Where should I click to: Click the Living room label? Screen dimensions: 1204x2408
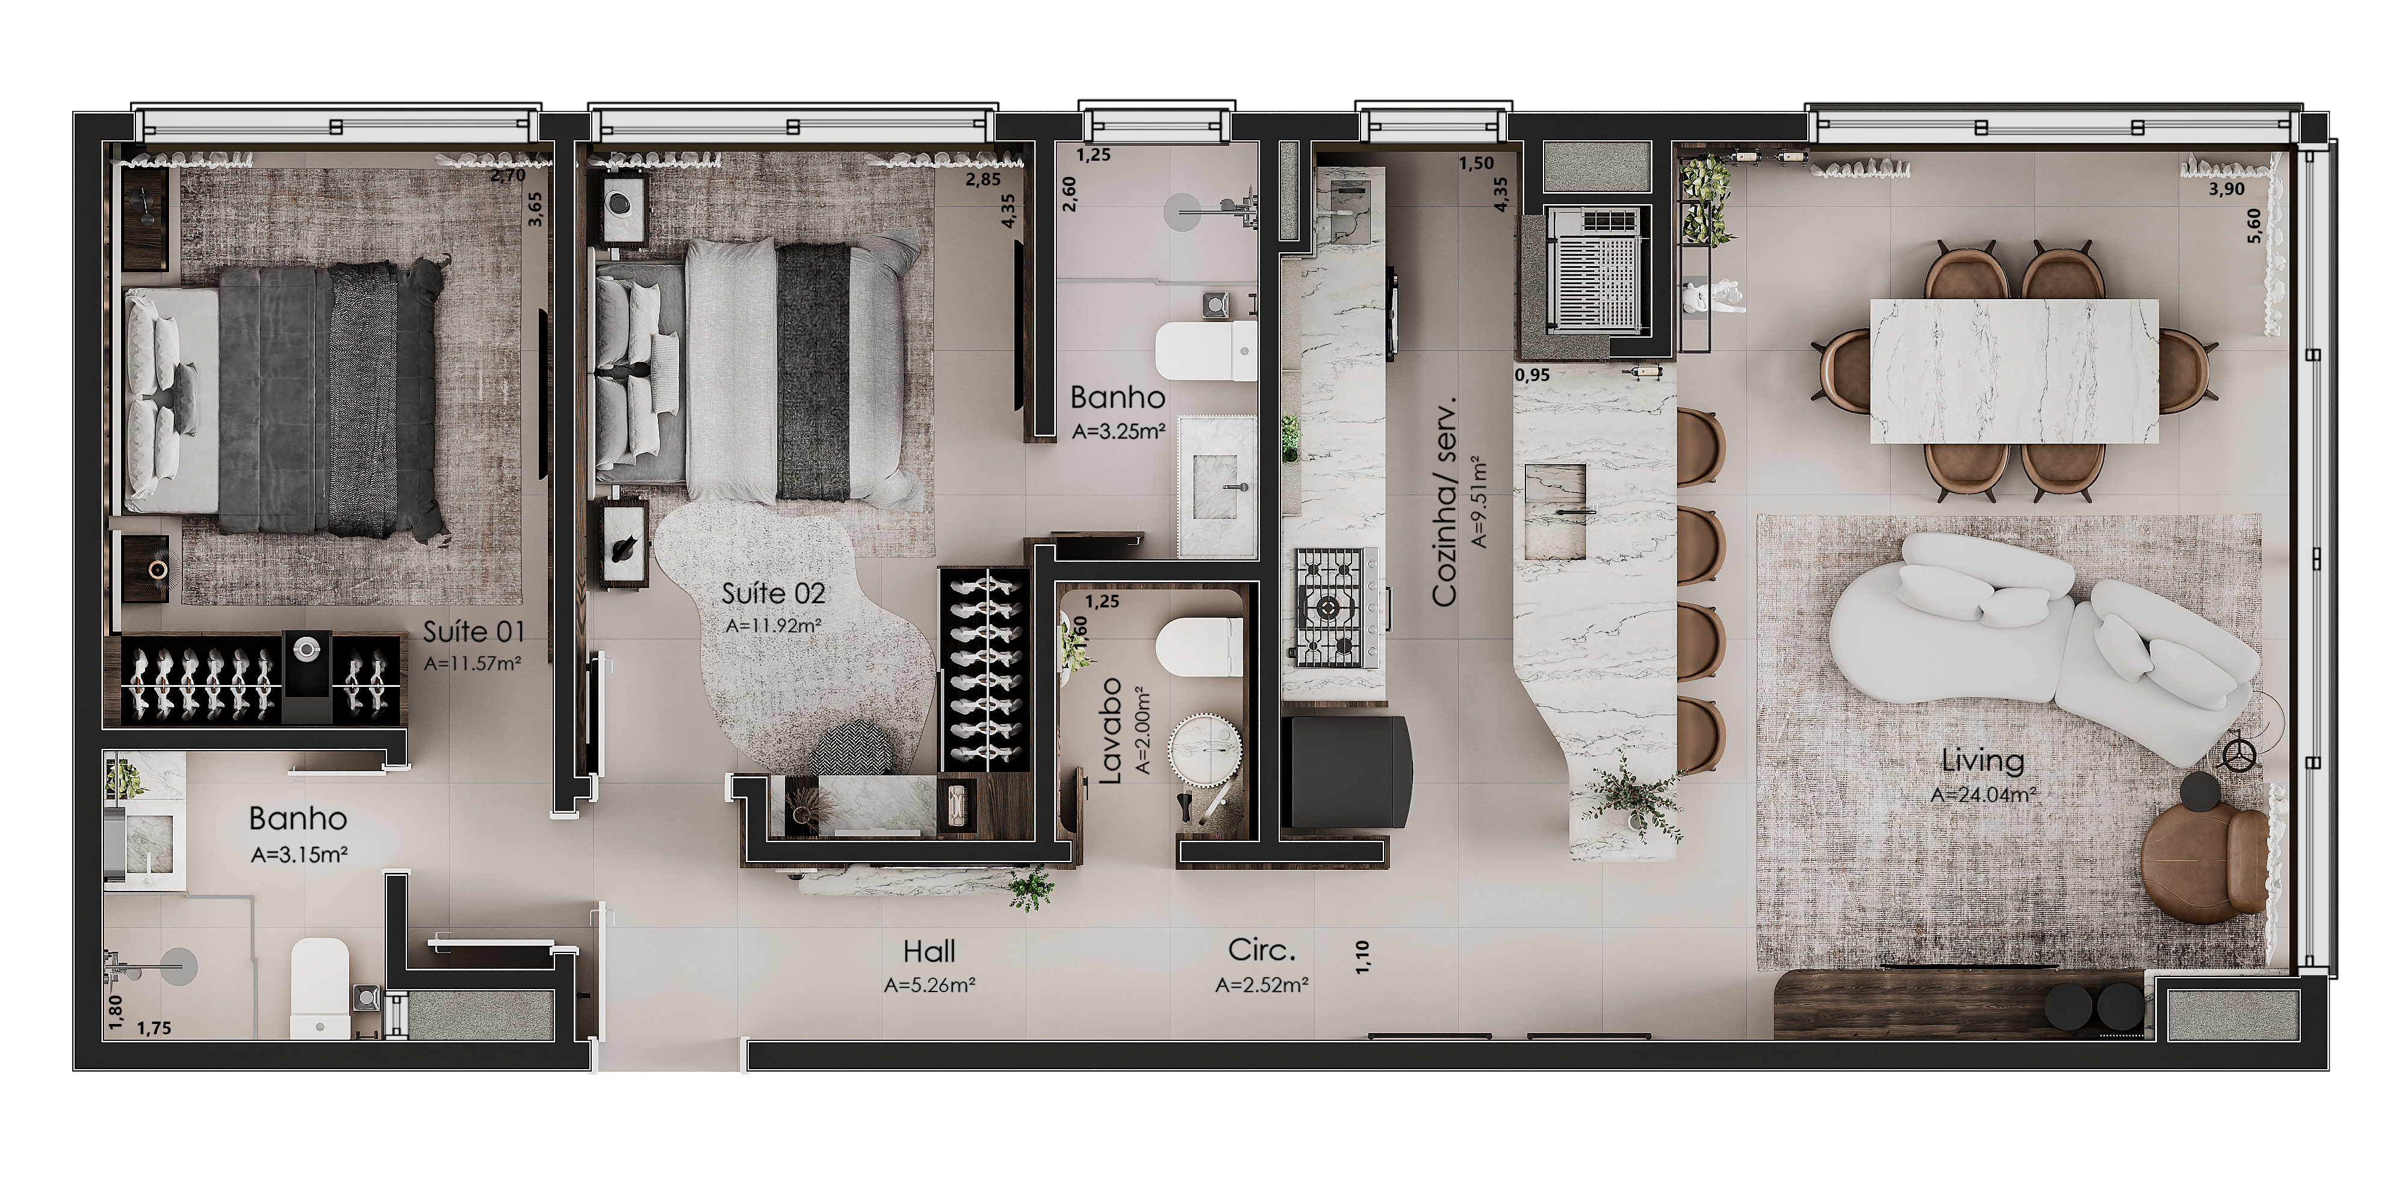(1982, 761)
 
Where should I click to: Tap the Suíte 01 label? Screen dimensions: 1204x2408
(473, 633)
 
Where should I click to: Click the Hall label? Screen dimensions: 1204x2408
(929, 952)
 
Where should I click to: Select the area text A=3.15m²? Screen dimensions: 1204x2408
(299, 854)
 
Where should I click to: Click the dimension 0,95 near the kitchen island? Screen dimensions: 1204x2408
(1532, 376)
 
